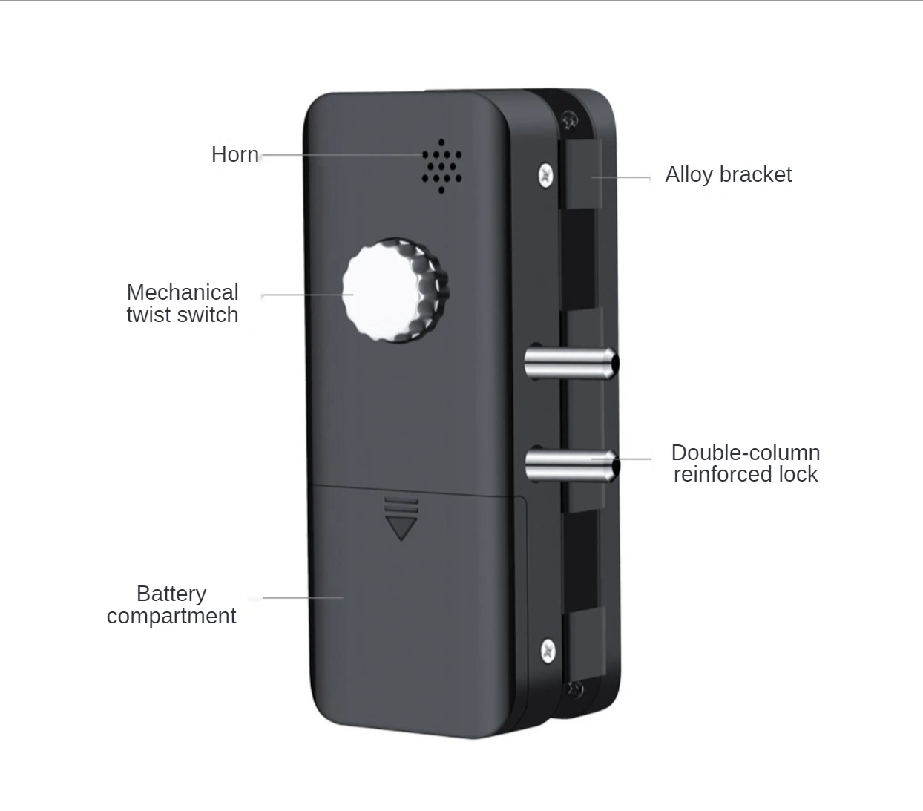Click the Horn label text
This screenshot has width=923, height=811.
235,154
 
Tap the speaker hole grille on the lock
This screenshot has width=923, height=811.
441,166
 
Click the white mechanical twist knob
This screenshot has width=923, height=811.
395,290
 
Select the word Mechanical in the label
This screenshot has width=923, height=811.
183,292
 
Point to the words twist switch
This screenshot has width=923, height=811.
183,315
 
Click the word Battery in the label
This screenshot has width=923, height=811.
171,594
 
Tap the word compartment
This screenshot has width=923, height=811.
171,617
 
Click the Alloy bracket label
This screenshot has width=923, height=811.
729,175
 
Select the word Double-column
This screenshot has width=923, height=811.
746,453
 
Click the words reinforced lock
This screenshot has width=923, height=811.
746,474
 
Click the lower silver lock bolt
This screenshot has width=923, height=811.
572,464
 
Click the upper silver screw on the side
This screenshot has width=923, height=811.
546,174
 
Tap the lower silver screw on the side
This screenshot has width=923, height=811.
548,651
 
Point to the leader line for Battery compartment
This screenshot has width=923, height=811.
303,597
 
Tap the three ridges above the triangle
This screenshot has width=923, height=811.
401,506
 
